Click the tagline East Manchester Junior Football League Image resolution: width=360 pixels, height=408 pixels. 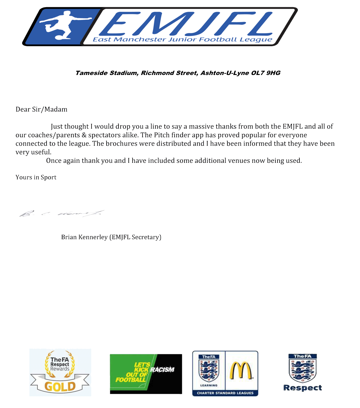pyautogui.click(x=182, y=40)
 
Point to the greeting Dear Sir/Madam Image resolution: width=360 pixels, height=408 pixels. pyautogui.click(x=41, y=109)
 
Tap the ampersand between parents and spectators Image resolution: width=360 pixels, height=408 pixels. pyautogui.click(x=84, y=135)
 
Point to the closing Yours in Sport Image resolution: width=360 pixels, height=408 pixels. pyautogui.click(x=36, y=177)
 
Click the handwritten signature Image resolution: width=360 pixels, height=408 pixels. pyautogui.click(x=61, y=213)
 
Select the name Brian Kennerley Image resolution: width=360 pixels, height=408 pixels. pyautogui.click(x=84, y=237)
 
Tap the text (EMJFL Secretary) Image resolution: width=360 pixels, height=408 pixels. pyautogui.click(x=135, y=237)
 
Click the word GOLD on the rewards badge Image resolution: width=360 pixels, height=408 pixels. pyautogui.click(x=60, y=386)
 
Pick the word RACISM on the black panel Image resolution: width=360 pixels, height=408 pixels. pyautogui.click(x=162, y=370)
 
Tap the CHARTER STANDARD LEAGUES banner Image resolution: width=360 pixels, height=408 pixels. pyautogui.click(x=225, y=393)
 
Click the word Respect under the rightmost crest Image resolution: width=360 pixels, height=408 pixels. pyautogui.click(x=302, y=388)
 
